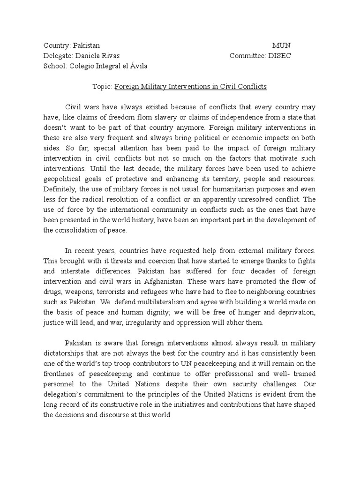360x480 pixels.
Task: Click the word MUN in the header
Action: pos(281,45)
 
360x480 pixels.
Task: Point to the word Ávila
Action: pos(137,66)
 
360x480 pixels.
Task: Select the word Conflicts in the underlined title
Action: pos(251,87)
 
